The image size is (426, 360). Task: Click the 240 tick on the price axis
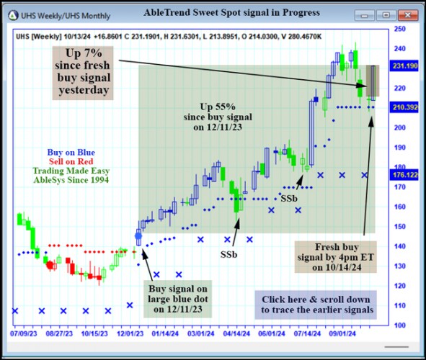click(x=399, y=49)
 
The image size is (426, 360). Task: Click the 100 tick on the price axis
click(x=399, y=325)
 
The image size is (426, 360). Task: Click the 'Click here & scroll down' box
click(x=316, y=305)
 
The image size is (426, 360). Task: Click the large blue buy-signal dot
click(x=138, y=235)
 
